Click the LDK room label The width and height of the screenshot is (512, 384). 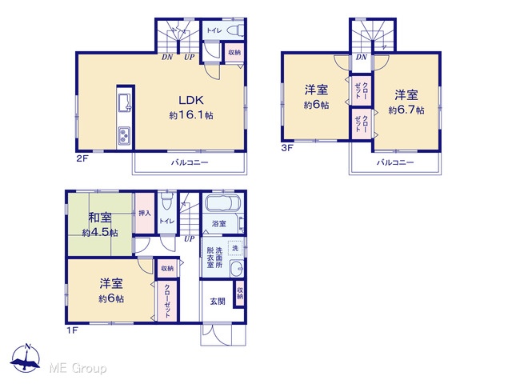click(x=191, y=100)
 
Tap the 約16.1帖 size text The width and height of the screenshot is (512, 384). click(x=191, y=115)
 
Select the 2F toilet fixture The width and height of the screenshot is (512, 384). click(x=235, y=30)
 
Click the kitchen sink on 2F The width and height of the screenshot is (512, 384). click(x=125, y=103)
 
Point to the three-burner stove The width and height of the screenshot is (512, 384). click(x=125, y=135)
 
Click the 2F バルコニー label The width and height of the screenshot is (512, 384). click(x=190, y=162)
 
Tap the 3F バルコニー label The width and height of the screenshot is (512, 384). click(x=395, y=162)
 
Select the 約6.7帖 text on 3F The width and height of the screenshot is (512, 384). click(x=406, y=110)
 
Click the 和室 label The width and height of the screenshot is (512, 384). click(x=100, y=218)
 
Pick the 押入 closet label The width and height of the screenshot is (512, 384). click(x=145, y=214)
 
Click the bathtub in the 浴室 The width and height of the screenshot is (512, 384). click(x=222, y=203)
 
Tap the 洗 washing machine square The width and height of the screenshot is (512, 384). click(x=235, y=248)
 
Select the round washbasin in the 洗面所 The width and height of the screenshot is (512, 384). click(x=237, y=269)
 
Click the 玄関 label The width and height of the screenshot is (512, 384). click(x=218, y=301)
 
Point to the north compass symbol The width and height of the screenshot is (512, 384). click(x=26, y=358)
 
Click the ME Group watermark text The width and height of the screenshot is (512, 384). click(x=78, y=369)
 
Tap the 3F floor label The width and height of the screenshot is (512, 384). click(x=287, y=148)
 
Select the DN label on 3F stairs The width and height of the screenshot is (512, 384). click(x=362, y=58)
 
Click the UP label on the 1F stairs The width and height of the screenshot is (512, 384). click(x=189, y=239)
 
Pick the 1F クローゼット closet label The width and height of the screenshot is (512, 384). click(x=167, y=301)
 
